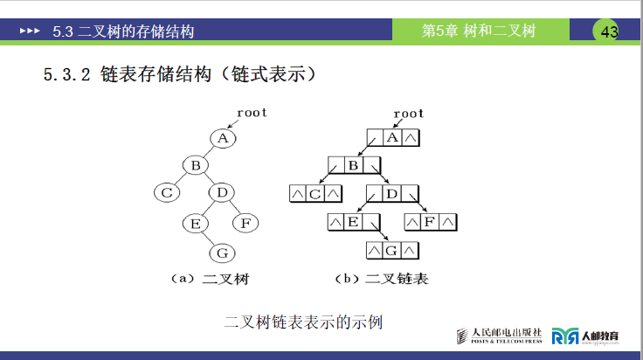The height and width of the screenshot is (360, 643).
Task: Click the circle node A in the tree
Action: coord(223,138)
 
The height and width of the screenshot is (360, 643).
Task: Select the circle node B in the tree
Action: coord(196,164)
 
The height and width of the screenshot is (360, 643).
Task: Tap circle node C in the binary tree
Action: coord(168,192)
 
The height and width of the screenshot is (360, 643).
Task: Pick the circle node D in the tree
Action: coord(222,192)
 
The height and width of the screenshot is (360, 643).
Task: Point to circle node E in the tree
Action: coord(196,223)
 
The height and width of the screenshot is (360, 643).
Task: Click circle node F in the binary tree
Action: coord(245,223)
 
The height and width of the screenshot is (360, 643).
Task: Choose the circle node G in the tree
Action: coord(222,253)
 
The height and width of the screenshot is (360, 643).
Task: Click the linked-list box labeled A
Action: coord(393,138)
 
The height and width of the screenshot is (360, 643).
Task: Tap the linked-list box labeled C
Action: coord(315,193)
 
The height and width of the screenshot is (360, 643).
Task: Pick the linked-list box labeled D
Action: coord(393,193)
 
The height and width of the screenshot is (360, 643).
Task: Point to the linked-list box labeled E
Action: coord(354,222)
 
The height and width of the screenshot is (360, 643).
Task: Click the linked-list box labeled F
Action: coord(430,222)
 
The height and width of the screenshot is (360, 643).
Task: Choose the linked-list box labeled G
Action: coord(392,251)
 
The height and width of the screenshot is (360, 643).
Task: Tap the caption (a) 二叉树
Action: coord(210,280)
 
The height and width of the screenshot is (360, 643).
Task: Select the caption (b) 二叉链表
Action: coord(382,280)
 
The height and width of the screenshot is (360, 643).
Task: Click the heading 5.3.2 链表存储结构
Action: coord(179,75)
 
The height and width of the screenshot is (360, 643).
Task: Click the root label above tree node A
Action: coord(252,113)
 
